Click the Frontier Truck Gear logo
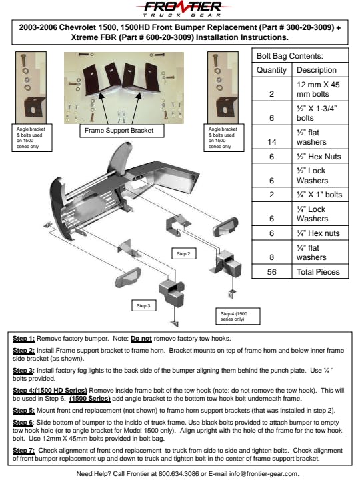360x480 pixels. (x=184, y=9)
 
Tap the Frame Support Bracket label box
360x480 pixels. (x=122, y=131)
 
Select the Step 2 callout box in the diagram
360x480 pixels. (x=184, y=254)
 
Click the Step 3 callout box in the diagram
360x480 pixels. (x=143, y=305)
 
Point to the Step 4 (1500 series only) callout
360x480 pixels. (x=238, y=316)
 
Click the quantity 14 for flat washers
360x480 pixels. (x=272, y=142)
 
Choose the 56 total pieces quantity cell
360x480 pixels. (x=272, y=272)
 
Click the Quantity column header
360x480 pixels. (x=271, y=70)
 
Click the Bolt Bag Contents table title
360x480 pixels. (x=289, y=56)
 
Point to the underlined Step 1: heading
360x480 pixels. (x=23, y=339)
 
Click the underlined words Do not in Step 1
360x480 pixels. (x=141, y=339)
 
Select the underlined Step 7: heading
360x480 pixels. (x=23, y=451)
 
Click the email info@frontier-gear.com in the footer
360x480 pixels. (x=263, y=473)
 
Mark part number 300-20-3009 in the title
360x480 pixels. (x=310, y=27)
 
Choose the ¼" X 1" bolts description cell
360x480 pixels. (x=319, y=195)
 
